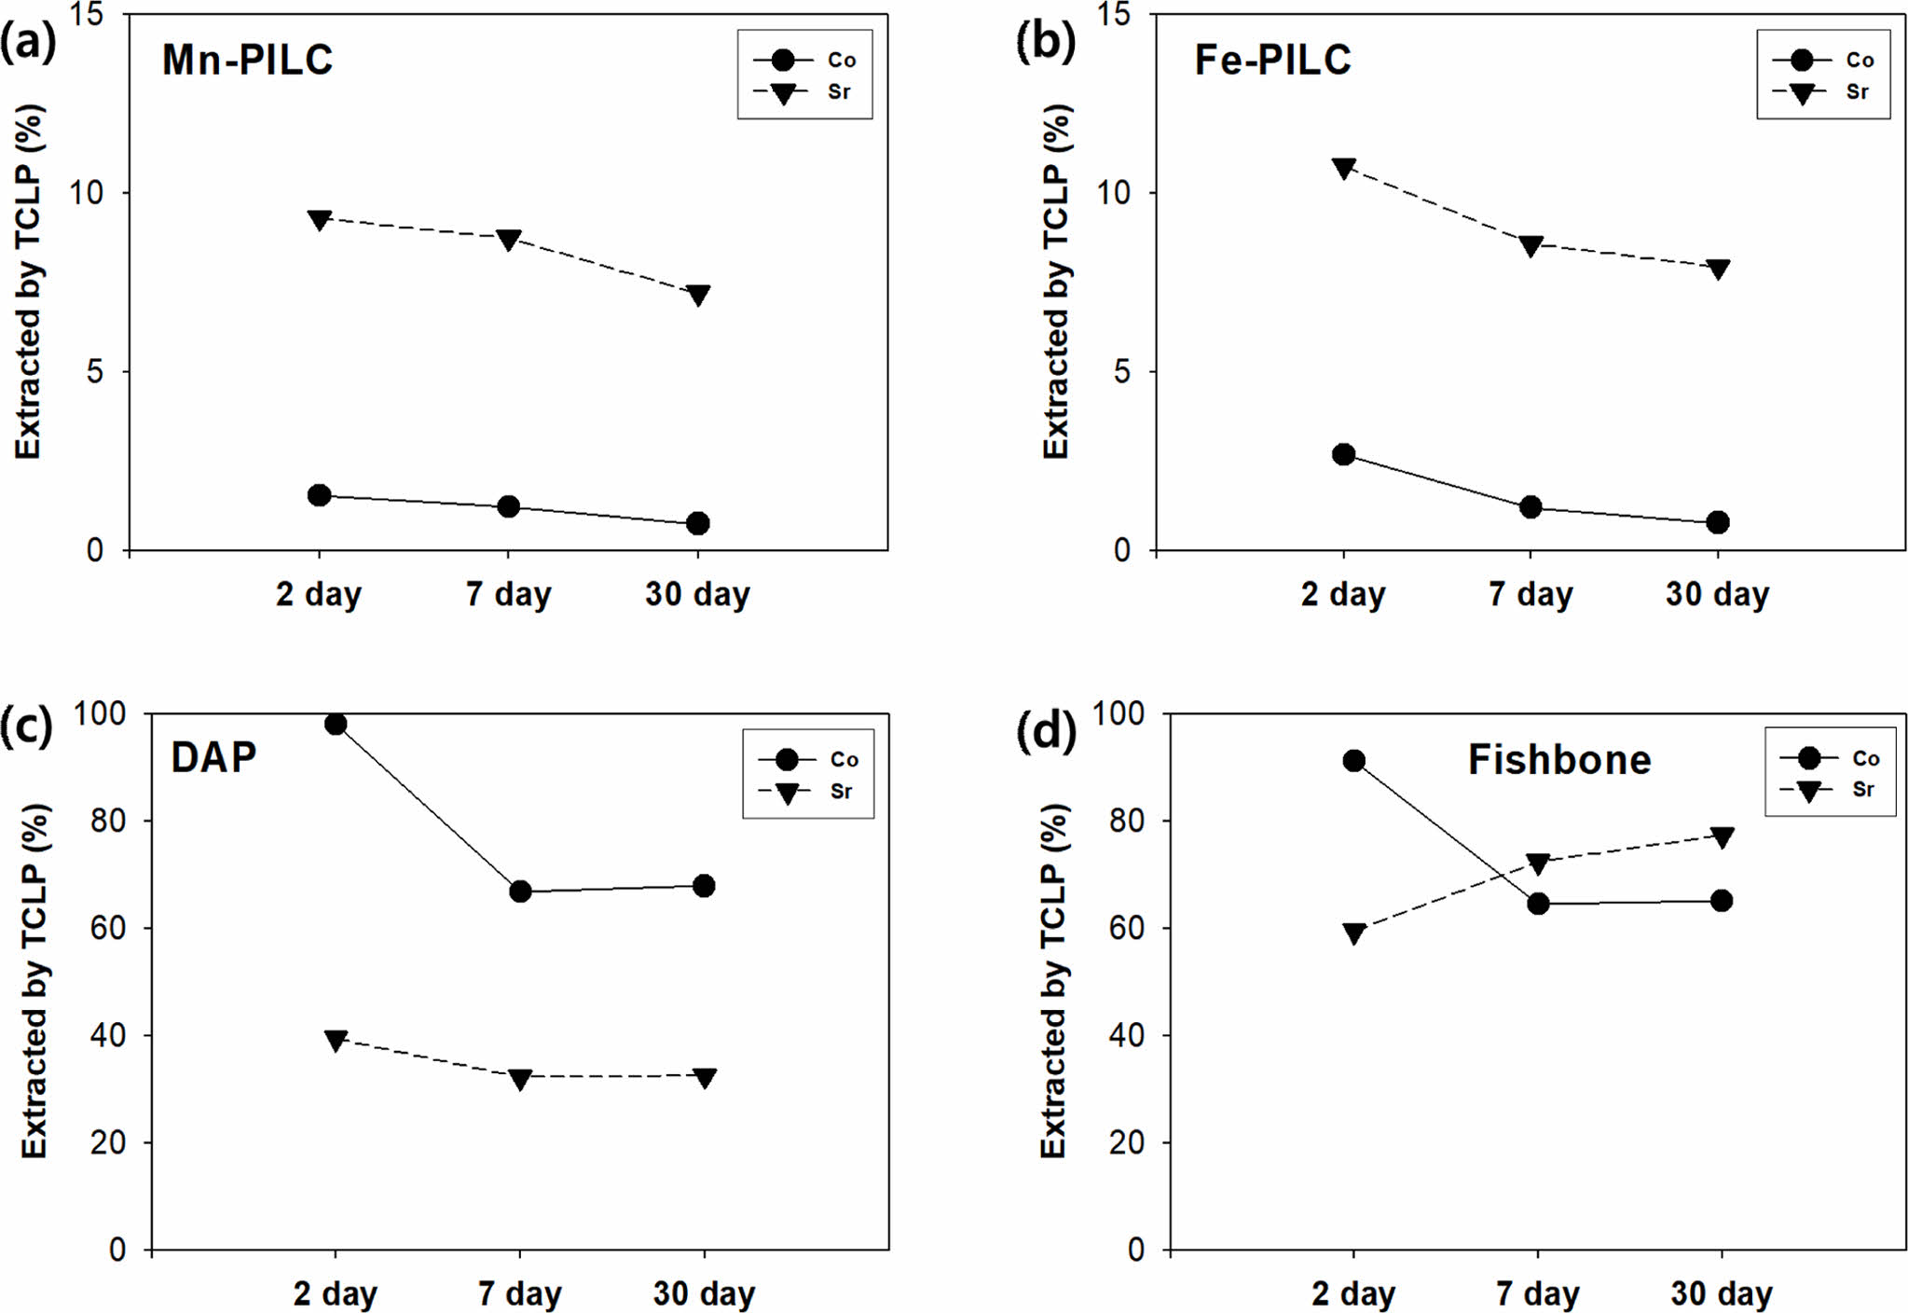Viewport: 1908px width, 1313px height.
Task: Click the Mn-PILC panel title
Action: (x=247, y=60)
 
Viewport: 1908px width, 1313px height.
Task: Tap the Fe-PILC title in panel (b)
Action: (x=1272, y=60)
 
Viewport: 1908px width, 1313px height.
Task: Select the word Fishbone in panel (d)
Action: (x=1559, y=760)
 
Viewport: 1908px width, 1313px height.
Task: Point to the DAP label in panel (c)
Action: (x=213, y=757)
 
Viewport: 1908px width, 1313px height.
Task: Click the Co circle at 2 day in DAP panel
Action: (x=336, y=725)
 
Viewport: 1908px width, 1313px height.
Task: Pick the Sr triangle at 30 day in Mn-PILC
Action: (x=698, y=296)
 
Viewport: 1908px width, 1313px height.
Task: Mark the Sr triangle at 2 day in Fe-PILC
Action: (x=1343, y=169)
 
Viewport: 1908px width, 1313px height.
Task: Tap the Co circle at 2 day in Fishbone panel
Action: (x=1354, y=761)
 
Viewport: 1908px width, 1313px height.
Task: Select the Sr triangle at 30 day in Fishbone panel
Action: (x=1722, y=837)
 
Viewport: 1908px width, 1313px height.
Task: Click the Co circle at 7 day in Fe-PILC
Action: (x=1531, y=507)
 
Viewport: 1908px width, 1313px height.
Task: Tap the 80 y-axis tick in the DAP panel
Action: (x=108, y=821)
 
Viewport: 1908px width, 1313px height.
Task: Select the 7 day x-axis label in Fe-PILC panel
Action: (x=1531, y=594)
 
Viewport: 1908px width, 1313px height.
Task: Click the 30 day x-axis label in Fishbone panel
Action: (x=1721, y=1293)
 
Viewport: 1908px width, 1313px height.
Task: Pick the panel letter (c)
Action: (x=25, y=727)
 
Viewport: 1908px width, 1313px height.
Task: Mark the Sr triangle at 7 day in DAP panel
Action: (x=520, y=1080)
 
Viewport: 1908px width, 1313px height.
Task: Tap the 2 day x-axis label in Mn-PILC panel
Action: (x=318, y=594)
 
